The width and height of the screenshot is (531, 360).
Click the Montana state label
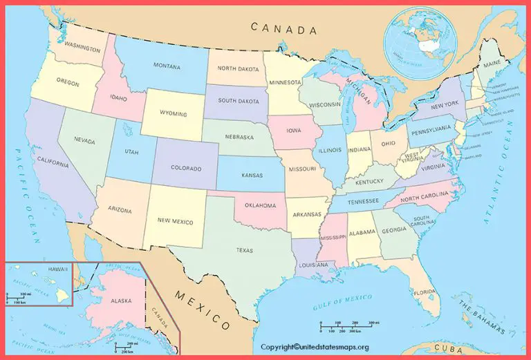click(x=167, y=66)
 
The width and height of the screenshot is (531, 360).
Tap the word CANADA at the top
click(x=283, y=28)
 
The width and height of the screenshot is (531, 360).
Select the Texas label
click(x=245, y=250)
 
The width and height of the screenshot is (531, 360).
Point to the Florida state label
click(x=424, y=292)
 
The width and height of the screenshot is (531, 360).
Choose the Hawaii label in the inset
click(x=57, y=268)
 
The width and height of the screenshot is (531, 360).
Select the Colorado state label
click(x=187, y=168)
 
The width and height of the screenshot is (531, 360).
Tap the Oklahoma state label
click(x=259, y=205)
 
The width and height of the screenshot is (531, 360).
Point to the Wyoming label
click(x=173, y=113)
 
